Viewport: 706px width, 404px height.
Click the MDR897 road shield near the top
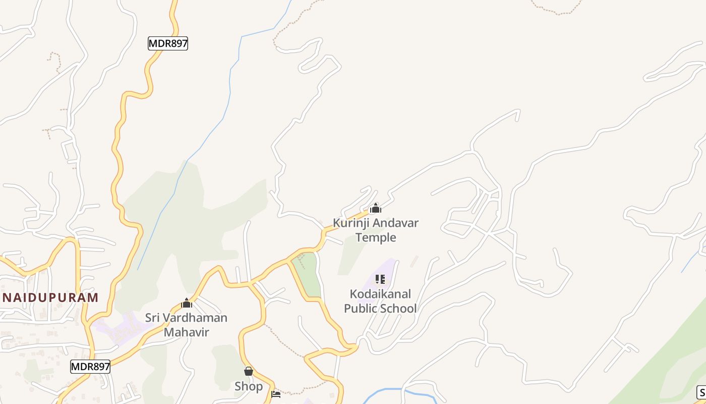[x=168, y=43]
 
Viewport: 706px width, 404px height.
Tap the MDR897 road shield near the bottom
[x=90, y=367]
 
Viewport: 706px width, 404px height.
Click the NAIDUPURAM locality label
[x=49, y=297]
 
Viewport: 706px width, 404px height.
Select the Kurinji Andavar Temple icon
[x=375, y=208]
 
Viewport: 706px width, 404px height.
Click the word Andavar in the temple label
[x=395, y=223]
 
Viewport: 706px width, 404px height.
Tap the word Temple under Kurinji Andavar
[x=376, y=237]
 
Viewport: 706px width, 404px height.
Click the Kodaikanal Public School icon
[x=380, y=279]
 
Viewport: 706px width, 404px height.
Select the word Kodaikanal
[x=381, y=294]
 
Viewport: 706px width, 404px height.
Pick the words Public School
[x=381, y=308]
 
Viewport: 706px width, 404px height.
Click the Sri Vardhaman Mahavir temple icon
[x=187, y=304]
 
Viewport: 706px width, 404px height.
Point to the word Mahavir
[x=186, y=332]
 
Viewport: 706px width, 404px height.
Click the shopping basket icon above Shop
[x=248, y=372]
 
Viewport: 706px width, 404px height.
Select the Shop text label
[x=249, y=386]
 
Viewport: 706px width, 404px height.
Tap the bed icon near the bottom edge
[x=276, y=394]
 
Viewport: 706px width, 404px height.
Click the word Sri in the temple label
[x=153, y=318]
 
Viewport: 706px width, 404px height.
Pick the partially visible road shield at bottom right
[x=701, y=392]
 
